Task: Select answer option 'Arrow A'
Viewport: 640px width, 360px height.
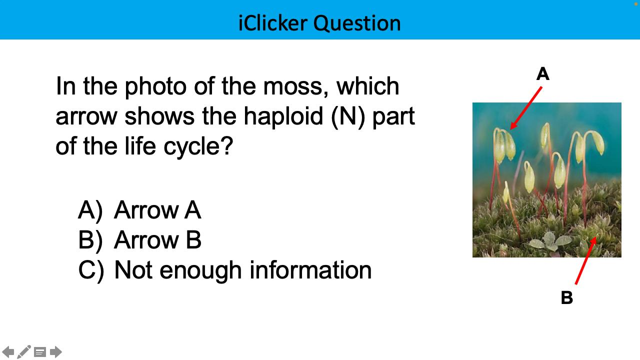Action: click(x=157, y=210)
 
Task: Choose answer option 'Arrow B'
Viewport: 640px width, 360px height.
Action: click(x=157, y=240)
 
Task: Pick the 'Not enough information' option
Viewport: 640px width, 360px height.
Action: click(x=242, y=270)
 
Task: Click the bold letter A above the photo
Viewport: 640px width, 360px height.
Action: click(x=542, y=74)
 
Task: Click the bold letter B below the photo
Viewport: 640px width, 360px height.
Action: click(x=566, y=298)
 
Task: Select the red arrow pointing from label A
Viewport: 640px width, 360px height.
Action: click(x=526, y=107)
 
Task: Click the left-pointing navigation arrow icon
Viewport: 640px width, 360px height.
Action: click(x=8, y=352)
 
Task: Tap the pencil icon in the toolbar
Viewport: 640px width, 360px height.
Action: click(x=24, y=352)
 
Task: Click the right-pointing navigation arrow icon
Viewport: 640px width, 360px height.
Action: click(x=56, y=352)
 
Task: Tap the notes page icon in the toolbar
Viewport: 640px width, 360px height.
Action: click(x=40, y=352)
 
